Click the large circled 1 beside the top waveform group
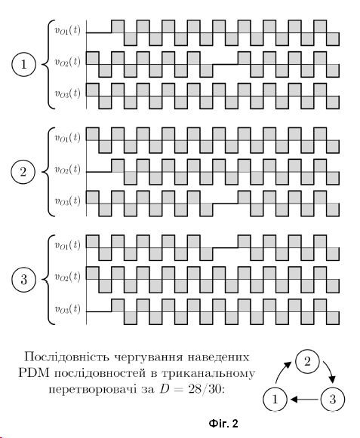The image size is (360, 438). pos(24,65)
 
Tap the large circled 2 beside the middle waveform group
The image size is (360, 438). pos(23,172)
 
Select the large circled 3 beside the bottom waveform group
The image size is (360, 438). pos(24,280)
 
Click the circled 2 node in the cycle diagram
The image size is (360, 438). pos(307,361)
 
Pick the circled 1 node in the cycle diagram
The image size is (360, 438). pos(275,399)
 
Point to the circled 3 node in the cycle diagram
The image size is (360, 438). pos(332,399)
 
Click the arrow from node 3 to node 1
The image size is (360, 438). pos(304,400)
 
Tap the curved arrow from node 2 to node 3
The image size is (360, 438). pos(330,372)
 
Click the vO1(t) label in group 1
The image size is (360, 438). pos(67,30)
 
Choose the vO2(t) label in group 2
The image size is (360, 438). pos(67,170)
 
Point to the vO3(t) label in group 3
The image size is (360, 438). pos(67,308)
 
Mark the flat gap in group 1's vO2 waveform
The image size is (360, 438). pos(226,65)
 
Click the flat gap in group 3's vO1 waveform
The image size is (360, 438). pos(226,247)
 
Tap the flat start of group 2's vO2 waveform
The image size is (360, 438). pos(99,172)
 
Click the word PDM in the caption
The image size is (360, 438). pos(35,373)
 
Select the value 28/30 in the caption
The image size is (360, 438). pos(205,389)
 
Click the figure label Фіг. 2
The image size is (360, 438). pos(223,424)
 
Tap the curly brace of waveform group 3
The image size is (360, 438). pos(48,280)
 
